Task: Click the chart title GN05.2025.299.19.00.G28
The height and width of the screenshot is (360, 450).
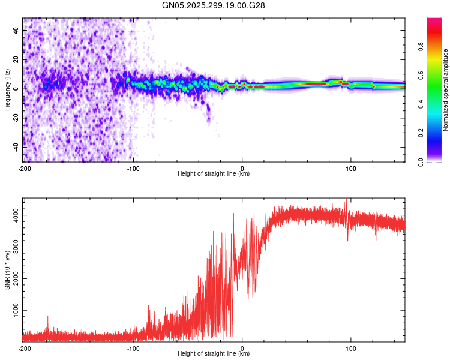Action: coord(214,5)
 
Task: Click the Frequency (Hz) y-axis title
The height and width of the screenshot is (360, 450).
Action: coord(7,90)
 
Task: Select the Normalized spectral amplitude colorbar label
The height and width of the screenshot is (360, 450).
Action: coord(446,90)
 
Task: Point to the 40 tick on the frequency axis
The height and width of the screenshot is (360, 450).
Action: coord(17,30)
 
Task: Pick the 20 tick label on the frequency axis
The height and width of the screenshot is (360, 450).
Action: coord(17,59)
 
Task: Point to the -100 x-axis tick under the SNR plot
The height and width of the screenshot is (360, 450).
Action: coord(133,348)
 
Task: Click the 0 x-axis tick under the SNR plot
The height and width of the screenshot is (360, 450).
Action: coord(242,348)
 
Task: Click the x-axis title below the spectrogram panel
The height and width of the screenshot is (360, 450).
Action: coord(214,174)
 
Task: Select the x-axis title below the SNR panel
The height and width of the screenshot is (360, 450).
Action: coord(214,354)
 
